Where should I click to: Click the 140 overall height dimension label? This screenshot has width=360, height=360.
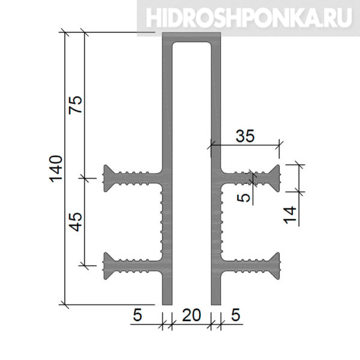point(56,169)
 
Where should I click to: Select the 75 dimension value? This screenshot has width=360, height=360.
point(76,104)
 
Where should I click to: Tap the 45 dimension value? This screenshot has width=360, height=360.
point(76,221)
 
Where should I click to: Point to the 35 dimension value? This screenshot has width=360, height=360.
point(245,136)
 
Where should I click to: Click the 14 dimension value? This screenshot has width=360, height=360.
point(290,215)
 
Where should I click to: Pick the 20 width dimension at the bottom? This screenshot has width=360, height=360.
point(191,315)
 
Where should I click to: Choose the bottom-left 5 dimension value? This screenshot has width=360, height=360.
point(137,315)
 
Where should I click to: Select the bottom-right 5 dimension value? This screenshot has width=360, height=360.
point(236,315)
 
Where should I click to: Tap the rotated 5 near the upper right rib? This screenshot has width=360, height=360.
point(244,197)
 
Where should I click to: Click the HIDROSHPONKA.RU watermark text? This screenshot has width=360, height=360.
point(249,18)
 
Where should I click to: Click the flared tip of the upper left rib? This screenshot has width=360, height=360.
point(106,178)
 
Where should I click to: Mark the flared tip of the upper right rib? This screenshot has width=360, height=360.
point(277,178)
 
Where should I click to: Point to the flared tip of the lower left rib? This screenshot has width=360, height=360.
point(106,266)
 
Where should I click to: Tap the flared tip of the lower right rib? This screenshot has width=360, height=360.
point(277,266)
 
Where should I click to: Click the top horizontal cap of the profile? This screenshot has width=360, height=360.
point(191,37)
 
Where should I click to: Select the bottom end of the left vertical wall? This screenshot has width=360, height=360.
point(167,305)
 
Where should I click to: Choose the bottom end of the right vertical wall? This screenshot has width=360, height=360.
point(216,305)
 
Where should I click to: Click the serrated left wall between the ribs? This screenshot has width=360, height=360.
point(164,222)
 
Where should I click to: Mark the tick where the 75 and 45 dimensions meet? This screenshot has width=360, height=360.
point(85,178)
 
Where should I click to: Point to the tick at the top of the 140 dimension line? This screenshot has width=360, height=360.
point(65,32)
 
